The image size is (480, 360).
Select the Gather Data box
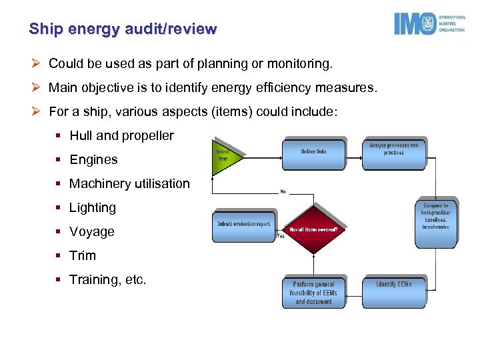(x=313, y=153)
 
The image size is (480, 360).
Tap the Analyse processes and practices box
(x=393, y=153)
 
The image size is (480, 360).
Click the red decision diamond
(x=313, y=230)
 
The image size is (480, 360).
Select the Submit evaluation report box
(x=243, y=225)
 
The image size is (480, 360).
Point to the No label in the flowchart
(x=283, y=192)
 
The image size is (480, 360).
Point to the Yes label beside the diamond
(x=281, y=235)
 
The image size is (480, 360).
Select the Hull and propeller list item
(x=121, y=136)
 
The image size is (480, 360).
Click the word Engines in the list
(x=93, y=160)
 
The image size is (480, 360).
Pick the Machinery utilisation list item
(x=129, y=184)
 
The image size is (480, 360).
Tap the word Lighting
(x=93, y=208)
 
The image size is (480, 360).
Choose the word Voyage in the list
(x=92, y=232)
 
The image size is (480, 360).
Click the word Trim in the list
(x=83, y=256)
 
